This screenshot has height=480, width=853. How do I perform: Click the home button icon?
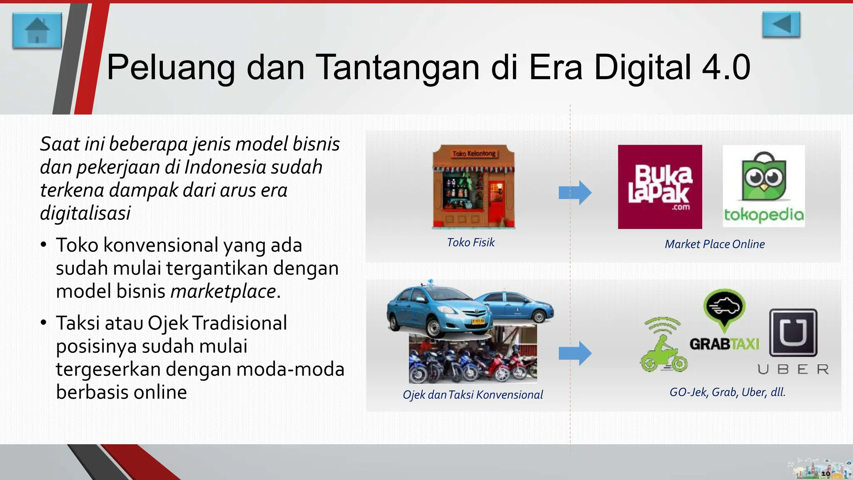[x=37, y=30]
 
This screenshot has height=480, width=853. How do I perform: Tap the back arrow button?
[x=781, y=25]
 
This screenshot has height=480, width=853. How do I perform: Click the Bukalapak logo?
[x=660, y=187]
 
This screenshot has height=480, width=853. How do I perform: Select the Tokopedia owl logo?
[x=763, y=177]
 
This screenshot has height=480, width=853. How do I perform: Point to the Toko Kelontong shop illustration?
[x=474, y=187]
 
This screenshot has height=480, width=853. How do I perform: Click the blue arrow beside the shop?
[x=575, y=192]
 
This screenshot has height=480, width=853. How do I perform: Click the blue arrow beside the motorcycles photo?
[x=575, y=353]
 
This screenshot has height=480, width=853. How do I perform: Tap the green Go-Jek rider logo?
[x=663, y=345]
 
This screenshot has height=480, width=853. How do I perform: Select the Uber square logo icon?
[x=793, y=332]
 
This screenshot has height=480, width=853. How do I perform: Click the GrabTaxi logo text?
[x=724, y=344]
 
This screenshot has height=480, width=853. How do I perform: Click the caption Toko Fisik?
[x=471, y=242]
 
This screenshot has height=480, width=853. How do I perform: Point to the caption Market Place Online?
[x=715, y=244]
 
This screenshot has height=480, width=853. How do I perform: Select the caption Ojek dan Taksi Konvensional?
[x=473, y=395]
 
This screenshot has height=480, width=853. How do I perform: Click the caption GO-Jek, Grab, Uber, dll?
[x=727, y=392]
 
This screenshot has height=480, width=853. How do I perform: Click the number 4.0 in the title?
[x=726, y=67]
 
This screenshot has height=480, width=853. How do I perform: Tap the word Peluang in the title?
[x=171, y=67]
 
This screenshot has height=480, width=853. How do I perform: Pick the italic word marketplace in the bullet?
[x=223, y=291]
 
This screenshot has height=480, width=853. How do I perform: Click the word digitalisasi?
[x=85, y=213]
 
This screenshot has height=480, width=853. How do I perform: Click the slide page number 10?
[x=826, y=473]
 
